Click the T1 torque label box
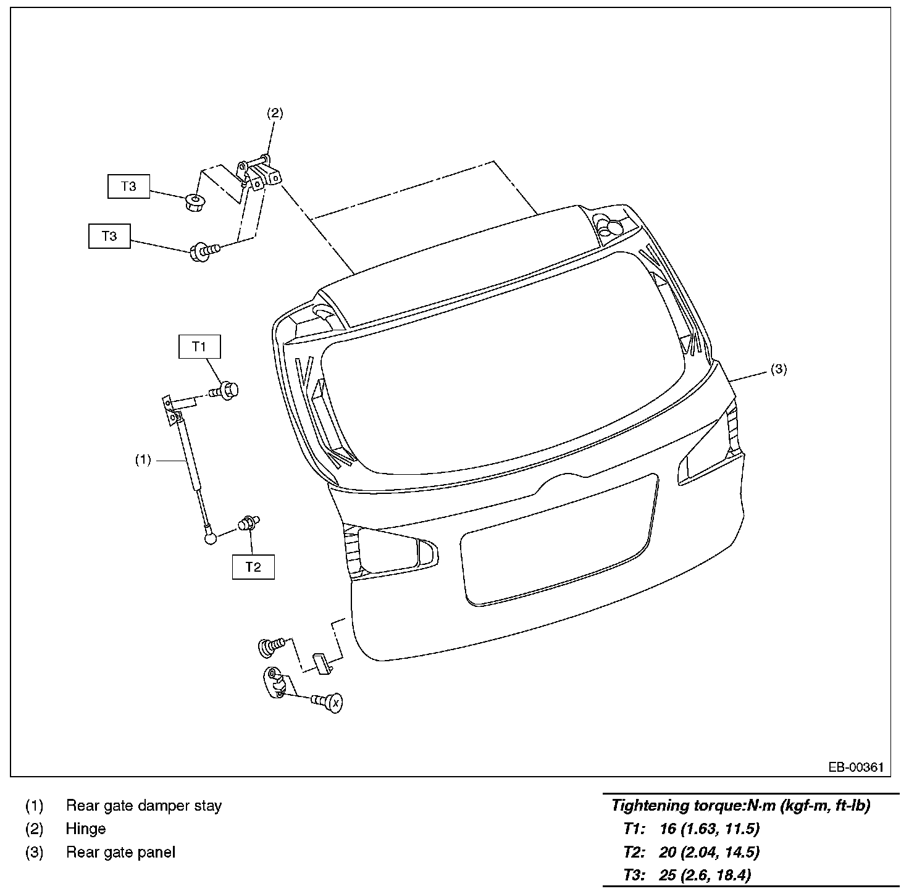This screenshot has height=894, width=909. (199, 346)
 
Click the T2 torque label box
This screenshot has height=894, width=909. (253, 567)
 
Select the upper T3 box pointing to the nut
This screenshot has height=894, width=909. (128, 186)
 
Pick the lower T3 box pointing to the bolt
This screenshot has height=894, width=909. (109, 236)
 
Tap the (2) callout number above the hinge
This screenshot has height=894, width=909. (275, 113)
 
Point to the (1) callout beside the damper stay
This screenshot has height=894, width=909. (143, 460)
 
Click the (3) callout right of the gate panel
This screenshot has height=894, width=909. (779, 369)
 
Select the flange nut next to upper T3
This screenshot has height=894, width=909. (195, 201)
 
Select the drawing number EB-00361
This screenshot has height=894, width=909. (856, 767)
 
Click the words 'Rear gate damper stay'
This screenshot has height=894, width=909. (143, 805)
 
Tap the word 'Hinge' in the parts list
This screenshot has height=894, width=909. (86, 829)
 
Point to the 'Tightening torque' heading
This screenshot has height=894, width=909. (740, 805)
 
